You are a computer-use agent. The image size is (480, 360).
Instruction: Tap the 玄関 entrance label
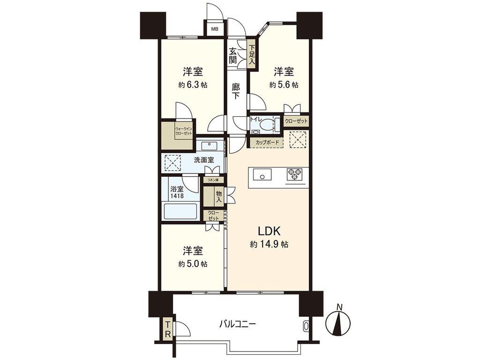tap(233, 56)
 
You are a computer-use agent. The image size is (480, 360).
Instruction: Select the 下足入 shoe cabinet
tap(252, 55)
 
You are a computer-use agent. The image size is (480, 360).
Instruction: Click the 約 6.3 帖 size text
tap(193, 85)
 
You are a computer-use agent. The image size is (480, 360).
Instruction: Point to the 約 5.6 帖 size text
tap(284, 85)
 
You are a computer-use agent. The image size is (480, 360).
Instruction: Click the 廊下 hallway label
tap(235, 91)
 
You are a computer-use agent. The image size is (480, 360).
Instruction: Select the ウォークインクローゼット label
tap(184, 131)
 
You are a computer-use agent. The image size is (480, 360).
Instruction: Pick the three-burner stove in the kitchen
tap(294, 175)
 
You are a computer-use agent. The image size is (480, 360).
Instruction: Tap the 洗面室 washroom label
tap(204, 160)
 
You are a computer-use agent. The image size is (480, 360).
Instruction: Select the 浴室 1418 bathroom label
tap(177, 192)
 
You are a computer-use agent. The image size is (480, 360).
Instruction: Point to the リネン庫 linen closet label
tap(213, 180)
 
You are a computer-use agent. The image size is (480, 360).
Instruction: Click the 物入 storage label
tap(218, 196)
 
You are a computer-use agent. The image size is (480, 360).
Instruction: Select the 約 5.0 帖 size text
tap(193, 263)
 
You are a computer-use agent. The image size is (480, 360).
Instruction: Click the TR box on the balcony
tap(168, 330)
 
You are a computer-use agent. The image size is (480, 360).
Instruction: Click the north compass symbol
tap(338, 322)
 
